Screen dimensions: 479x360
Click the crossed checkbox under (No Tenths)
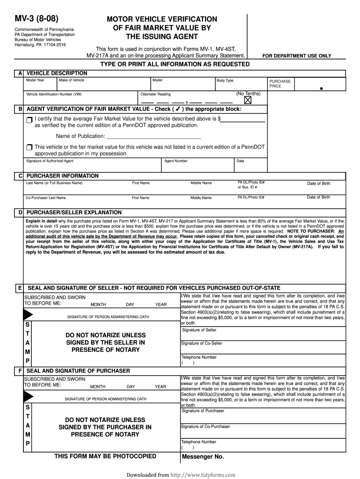[x=247, y=100]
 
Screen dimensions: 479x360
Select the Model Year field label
[x=35, y=80]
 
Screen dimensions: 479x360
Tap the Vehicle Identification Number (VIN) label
[x=54, y=94]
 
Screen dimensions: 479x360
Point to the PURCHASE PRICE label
[x=280, y=84]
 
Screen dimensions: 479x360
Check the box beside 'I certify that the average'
[x=30, y=120]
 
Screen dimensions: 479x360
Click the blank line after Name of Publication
[x=154, y=137]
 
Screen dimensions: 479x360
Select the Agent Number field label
[x=176, y=161]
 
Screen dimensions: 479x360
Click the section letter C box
[x=20, y=176]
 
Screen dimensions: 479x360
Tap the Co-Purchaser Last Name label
[x=46, y=198]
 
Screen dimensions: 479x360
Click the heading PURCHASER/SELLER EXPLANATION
[x=74, y=212]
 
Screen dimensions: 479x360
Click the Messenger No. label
[x=203, y=457]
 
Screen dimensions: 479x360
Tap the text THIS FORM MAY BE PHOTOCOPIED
[x=105, y=457]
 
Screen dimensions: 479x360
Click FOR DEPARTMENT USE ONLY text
[x=296, y=56]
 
